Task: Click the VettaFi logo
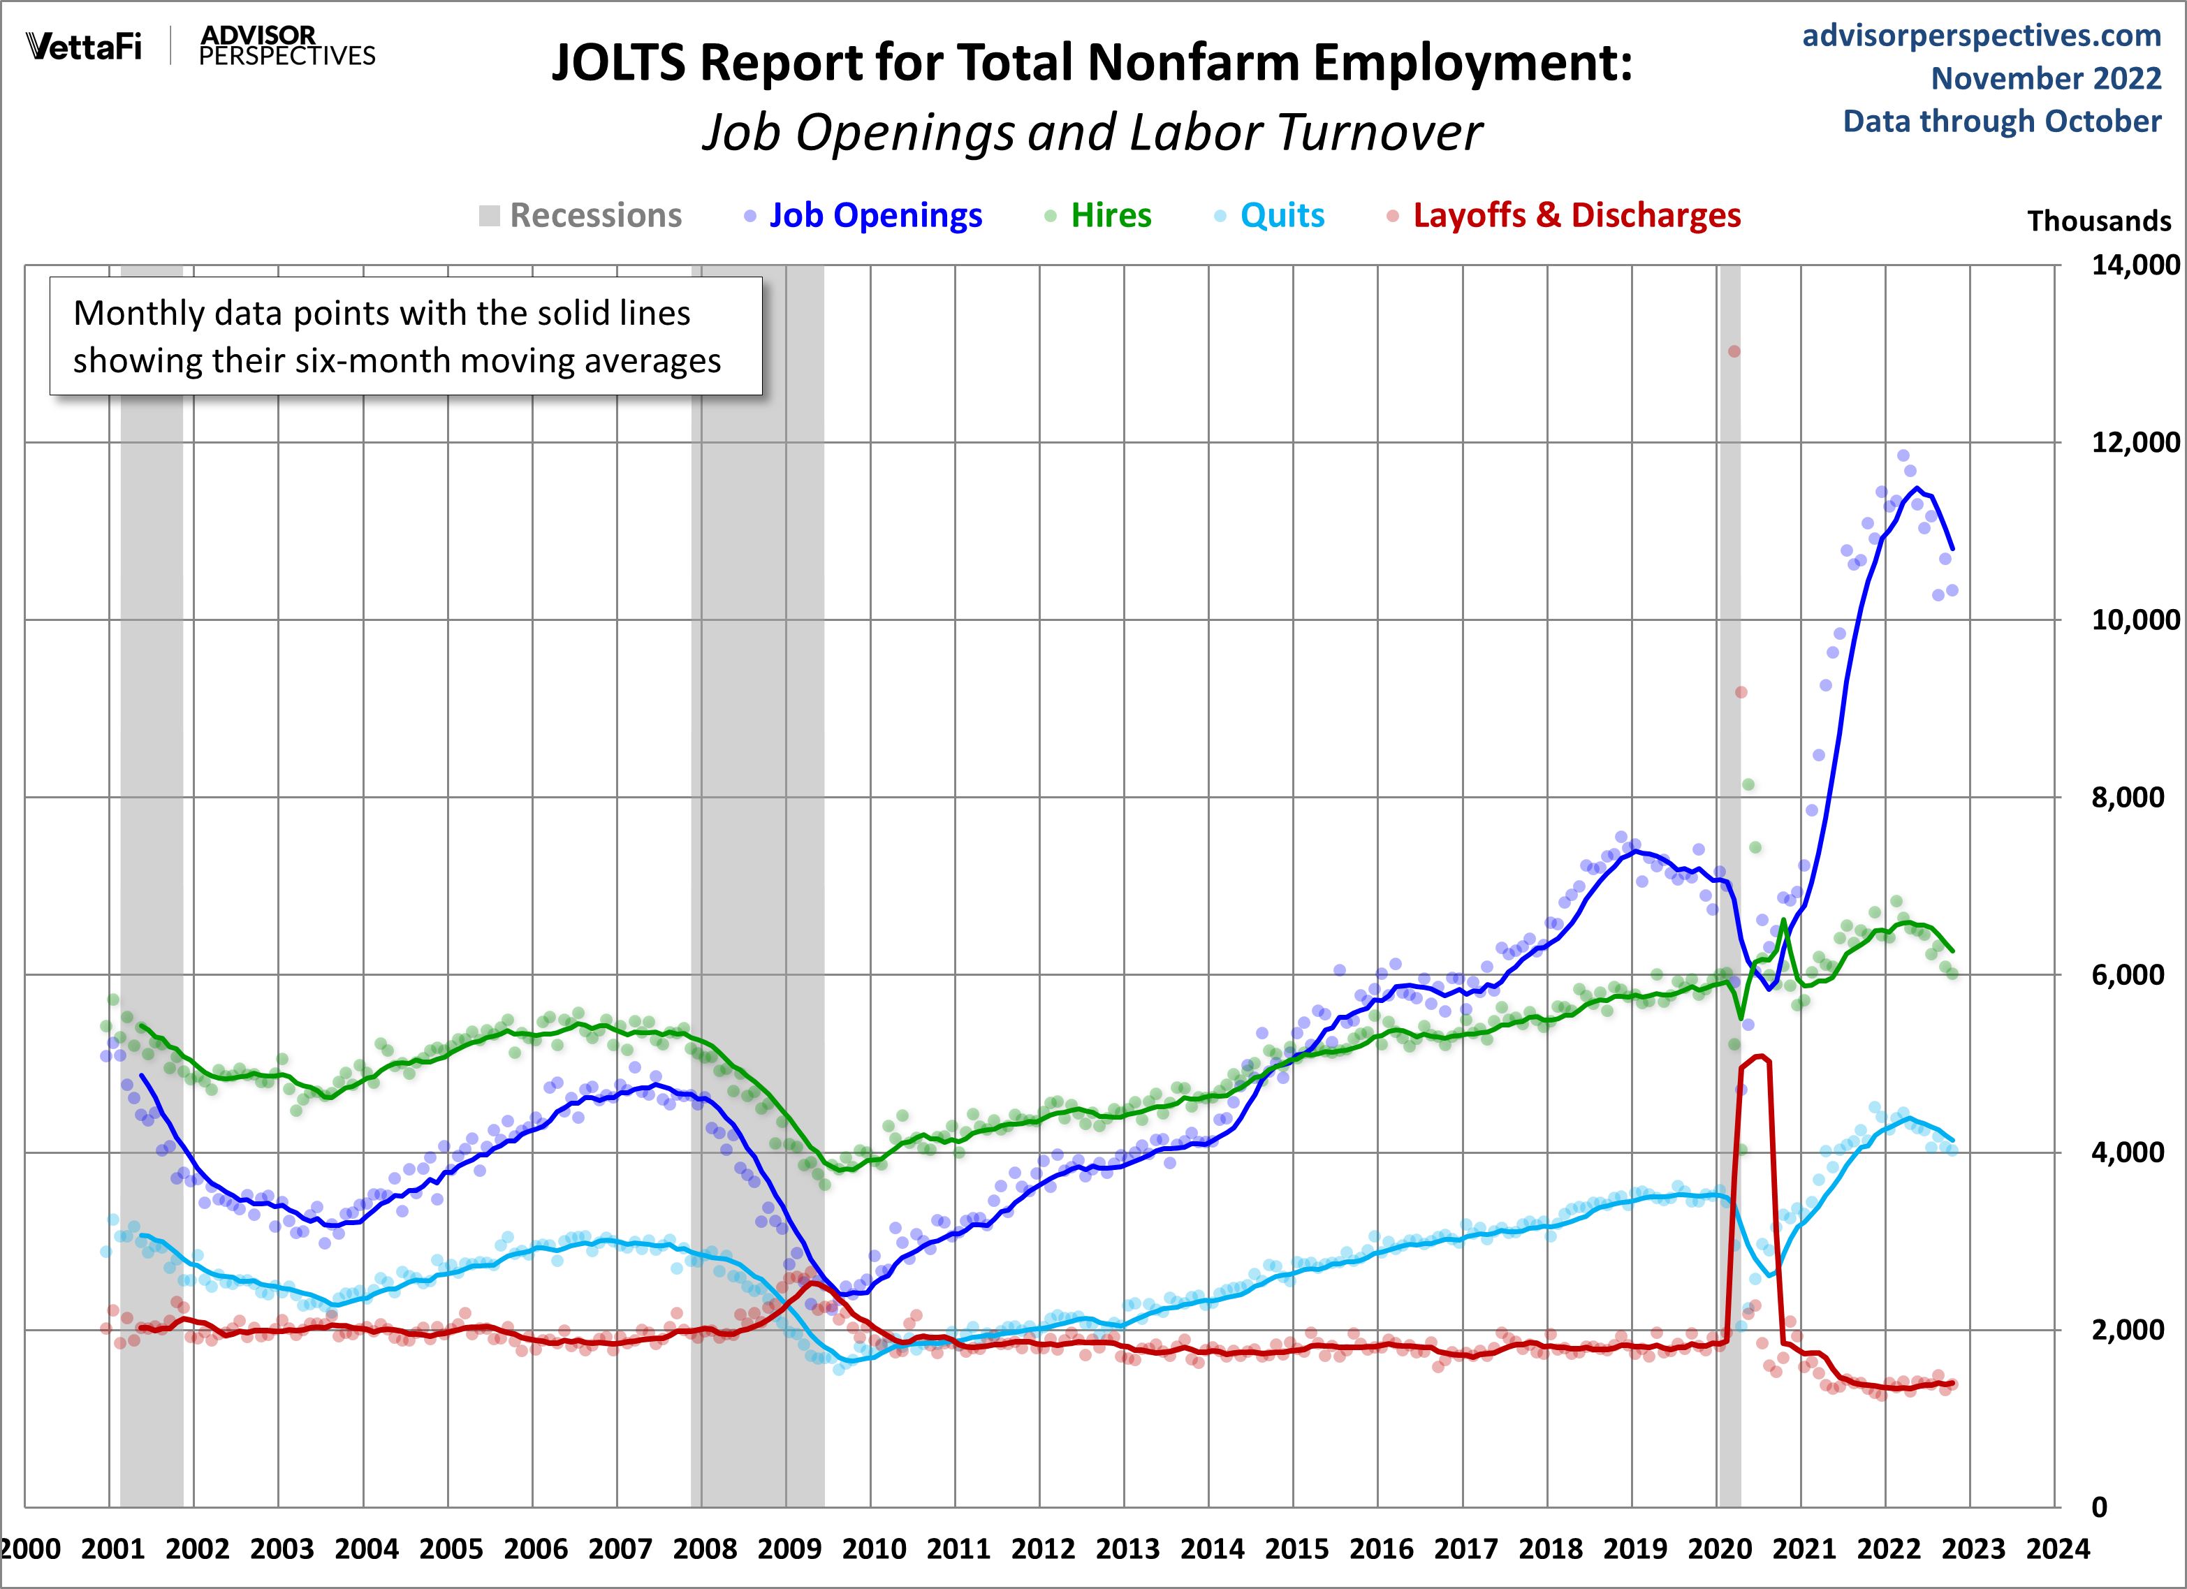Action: pos(84,46)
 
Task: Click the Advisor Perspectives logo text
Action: pos(286,46)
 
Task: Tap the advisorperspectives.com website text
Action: pos(1982,36)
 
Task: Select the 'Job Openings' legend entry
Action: pos(875,215)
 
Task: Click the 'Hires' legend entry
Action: pos(1111,215)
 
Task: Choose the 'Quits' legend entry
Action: pos(1282,215)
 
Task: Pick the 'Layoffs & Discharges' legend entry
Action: pos(1577,215)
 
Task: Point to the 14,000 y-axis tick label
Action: pos(2134,265)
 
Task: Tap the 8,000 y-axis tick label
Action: pos(2127,798)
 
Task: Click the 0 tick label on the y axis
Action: pos(2099,1506)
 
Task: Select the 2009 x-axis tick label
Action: pos(789,1549)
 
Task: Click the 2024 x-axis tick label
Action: pos(2058,1549)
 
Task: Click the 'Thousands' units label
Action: pos(2098,221)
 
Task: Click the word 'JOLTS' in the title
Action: pos(618,64)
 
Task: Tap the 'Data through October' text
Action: pos(2002,122)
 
